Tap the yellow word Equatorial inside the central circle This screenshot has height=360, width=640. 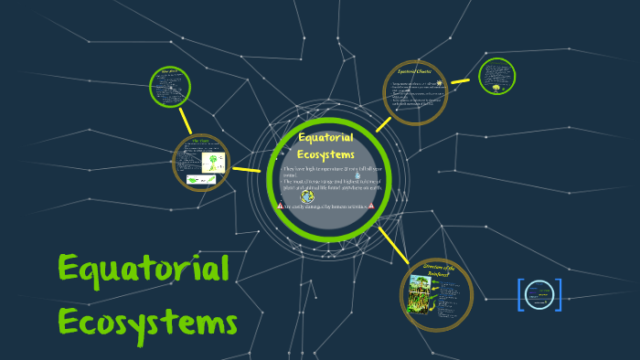click(x=326, y=137)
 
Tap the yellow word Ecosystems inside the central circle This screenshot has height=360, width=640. click(x=326, y=154)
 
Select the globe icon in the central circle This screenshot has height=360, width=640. click(x=307, y=196)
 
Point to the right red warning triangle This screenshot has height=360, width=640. click(x=371, y=206)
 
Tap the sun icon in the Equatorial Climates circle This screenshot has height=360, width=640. click(x=439, y=82)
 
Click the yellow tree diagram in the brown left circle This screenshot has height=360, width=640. click(x=212, y=163)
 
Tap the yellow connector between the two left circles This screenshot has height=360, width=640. click(x=186, y=120)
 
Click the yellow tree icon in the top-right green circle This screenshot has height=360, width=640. click(x=496, y=88)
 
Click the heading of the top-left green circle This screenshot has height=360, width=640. click(x=169, y=70)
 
